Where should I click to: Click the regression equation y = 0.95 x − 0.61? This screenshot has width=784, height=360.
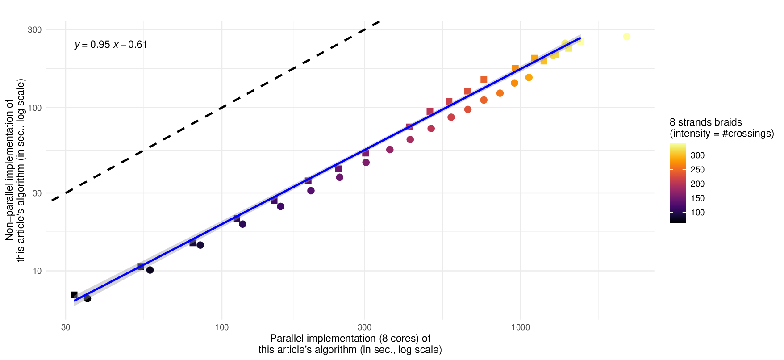[x=111, y=45]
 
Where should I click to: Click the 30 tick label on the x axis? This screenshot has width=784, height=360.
[x=66, y=327]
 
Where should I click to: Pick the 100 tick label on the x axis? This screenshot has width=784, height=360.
[x=222, y=327]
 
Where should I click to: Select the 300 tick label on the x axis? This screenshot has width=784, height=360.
[x=364, y=327]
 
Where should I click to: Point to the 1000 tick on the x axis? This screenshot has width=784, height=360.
[x=521, y=327]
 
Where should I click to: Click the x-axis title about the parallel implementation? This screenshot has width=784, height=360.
[x=350, y=344]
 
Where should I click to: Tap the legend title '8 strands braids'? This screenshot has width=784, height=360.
[x=706, y=122]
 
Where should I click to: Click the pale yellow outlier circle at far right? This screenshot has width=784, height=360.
[x=626, y=37]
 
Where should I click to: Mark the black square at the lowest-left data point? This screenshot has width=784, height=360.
[x=74, y=295]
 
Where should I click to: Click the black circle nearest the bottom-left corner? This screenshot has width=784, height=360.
[x=88, y=298]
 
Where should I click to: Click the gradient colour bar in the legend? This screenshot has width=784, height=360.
[x=677, y=183]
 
